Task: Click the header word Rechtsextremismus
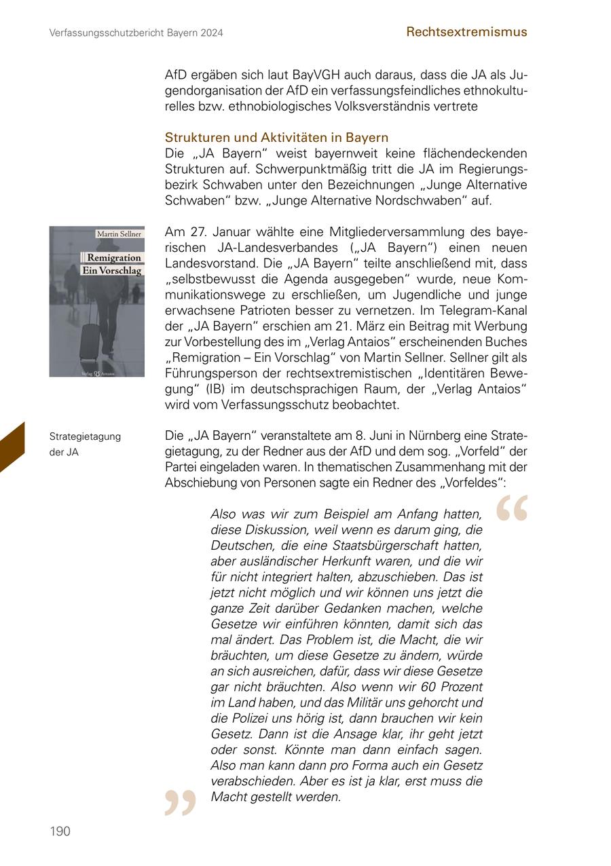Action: (466, 31)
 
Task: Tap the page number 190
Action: (60, 831)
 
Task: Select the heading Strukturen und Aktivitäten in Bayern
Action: (276, 138)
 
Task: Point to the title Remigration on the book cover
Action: (113, 258)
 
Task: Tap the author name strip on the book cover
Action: (119, 234)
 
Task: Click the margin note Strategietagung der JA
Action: (85, 444)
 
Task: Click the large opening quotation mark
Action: (512, 508)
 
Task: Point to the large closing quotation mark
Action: (180, 803)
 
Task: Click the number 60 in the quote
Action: (422, 687)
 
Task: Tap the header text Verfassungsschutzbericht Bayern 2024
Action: (136, 33)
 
